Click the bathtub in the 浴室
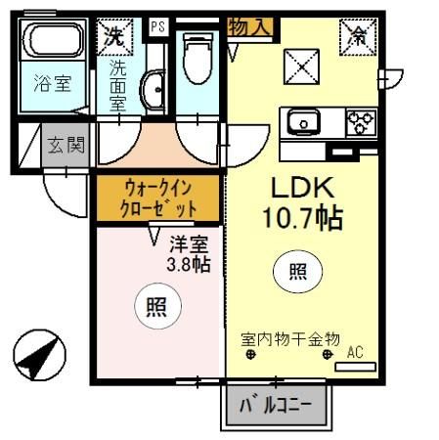tap(53, 42)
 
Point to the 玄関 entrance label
tap(66, 146)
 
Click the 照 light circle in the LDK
tap(295, 273)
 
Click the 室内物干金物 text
tap(289, 339)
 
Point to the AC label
tap(355, 352)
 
